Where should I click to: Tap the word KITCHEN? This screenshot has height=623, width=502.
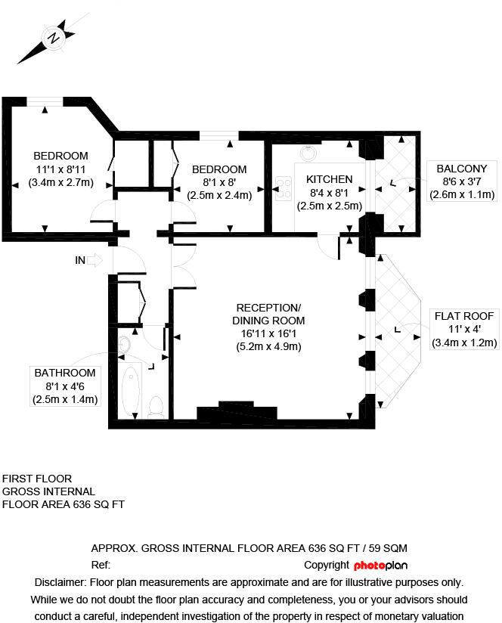[x=329, y=179]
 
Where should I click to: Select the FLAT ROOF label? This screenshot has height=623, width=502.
[x=462, y=315]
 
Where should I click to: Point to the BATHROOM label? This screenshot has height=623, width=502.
[x=65, y=373]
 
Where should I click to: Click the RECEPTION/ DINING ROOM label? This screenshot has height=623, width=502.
[x=268, y=314]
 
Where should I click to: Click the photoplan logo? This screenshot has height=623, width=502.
[x=386, y=566]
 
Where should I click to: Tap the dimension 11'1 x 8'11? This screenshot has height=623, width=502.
[x=61, y=169]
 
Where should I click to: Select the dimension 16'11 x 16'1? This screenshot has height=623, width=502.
[x=268, y=333]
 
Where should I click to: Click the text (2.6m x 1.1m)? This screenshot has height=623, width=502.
[x=462, y=195]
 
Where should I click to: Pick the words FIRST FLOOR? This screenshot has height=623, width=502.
[x=37, y=479]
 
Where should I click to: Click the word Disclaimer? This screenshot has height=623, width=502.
[x=60, y=582]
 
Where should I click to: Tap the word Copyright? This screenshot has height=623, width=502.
[x=327, y=566]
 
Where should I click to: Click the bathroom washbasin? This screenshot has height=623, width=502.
[x=125, y=346]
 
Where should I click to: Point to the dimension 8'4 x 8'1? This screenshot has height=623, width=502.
[x=329, y=193]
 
